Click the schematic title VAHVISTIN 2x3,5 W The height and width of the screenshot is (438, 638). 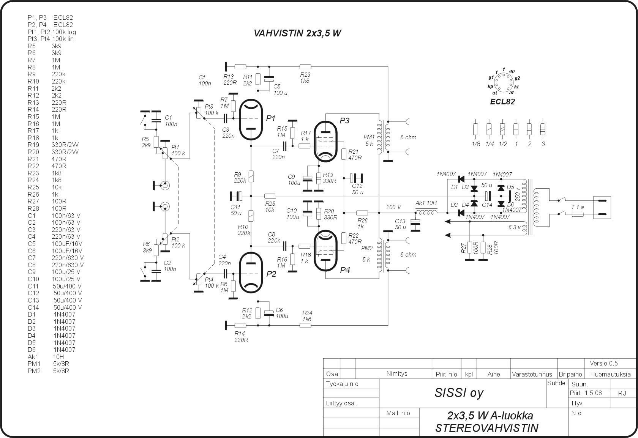tap(297, 33)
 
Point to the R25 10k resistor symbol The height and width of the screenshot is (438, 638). tap(270, 196)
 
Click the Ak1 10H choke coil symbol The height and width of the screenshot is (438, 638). tap(426, 212)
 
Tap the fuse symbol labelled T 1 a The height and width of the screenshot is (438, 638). tap(578, 214)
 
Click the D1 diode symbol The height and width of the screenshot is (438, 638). tap(461, 179)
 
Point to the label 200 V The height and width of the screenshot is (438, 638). tap(394, 208)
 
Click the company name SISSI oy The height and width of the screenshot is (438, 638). tap(459, 393)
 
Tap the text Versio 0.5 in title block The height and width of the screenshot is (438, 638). tap(604, 363)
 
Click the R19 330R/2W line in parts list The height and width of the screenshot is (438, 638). tap(53, 145)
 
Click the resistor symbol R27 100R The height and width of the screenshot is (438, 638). tap(470, 247)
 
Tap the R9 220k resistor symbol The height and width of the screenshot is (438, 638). tap(251, 176)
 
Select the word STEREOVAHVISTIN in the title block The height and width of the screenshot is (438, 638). tap(487, 428)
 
